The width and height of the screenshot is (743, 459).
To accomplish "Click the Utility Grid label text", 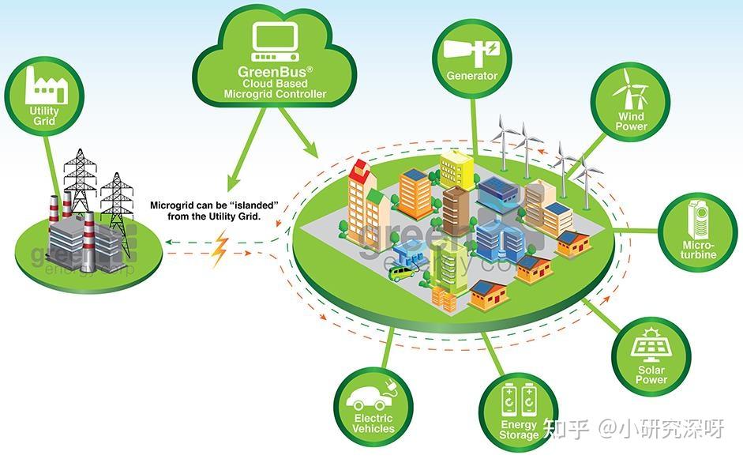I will click(x=44, y=117).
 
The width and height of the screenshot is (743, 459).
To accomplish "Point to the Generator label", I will click(x=471, y=76).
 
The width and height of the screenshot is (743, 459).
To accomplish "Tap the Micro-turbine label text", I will click(x=699, y=249).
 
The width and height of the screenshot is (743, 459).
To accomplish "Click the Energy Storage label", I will click(x=519, y=430).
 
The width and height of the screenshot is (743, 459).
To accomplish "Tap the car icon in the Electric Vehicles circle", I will click(x=373, y=394).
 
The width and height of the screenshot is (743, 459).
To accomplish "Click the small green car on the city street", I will click(x=403, y=273).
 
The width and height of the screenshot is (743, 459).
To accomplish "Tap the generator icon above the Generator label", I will click(x=471, y=49).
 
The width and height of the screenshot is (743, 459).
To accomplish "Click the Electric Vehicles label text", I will click(x=373, y=423).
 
